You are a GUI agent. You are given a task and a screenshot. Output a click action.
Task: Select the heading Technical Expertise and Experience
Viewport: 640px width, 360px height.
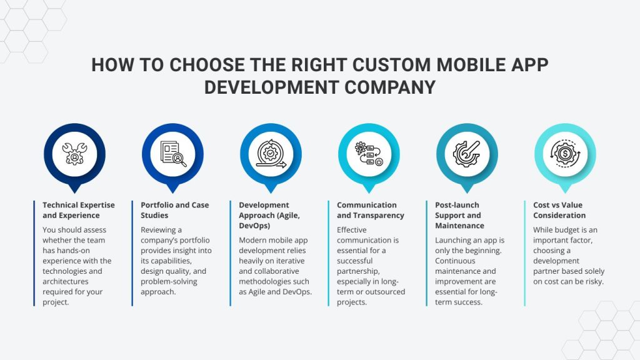click(x=71, y=210)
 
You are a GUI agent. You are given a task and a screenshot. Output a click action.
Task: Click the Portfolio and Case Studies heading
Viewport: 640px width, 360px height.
click(x=174, y=210)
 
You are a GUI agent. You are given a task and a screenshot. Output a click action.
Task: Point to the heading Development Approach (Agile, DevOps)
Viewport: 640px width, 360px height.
click(x=269, y=215)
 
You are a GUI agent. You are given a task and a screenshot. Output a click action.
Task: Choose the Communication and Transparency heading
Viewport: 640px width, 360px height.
click(x=370, y=210)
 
